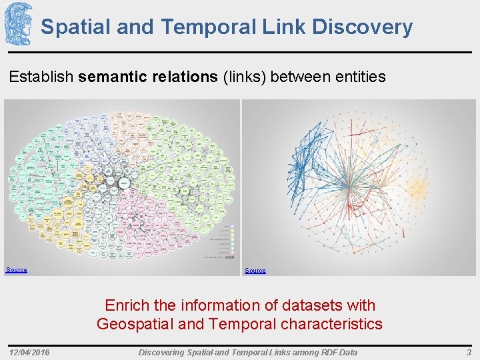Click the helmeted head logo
[x=18, y=23]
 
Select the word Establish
[x=41, y=77]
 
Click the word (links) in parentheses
[x=246, y=77]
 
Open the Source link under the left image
[x=17, y=270]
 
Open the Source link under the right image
[x=255, y=271]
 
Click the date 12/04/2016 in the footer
[x=30, y=352]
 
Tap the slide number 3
[x=469, y=352]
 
